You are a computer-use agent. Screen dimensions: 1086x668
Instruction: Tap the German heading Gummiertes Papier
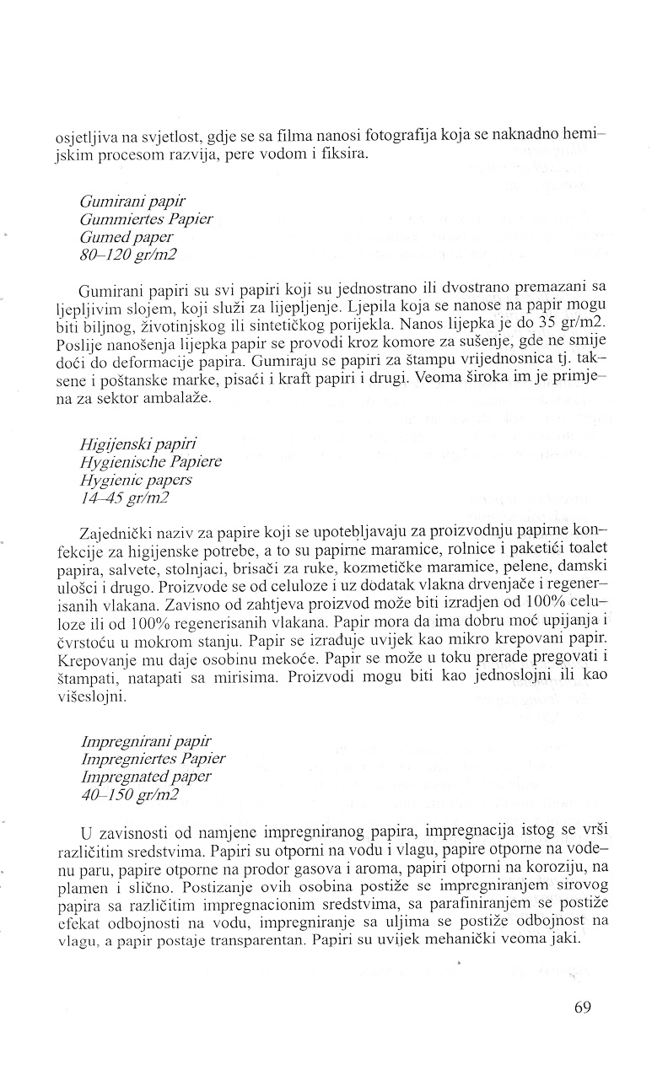[x=146, y=219]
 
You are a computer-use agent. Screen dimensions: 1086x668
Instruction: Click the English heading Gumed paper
[x=126, y=237]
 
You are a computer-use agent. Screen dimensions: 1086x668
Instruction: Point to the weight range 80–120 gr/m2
[x=128, y=254]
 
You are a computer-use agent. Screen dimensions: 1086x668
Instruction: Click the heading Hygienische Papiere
[x=151, y=462]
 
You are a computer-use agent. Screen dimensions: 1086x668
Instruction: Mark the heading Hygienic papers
[x=136, y=480]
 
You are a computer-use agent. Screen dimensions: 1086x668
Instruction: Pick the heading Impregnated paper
[x=146, y=776]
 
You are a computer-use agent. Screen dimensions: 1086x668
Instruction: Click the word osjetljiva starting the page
[x=93, y=140]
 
